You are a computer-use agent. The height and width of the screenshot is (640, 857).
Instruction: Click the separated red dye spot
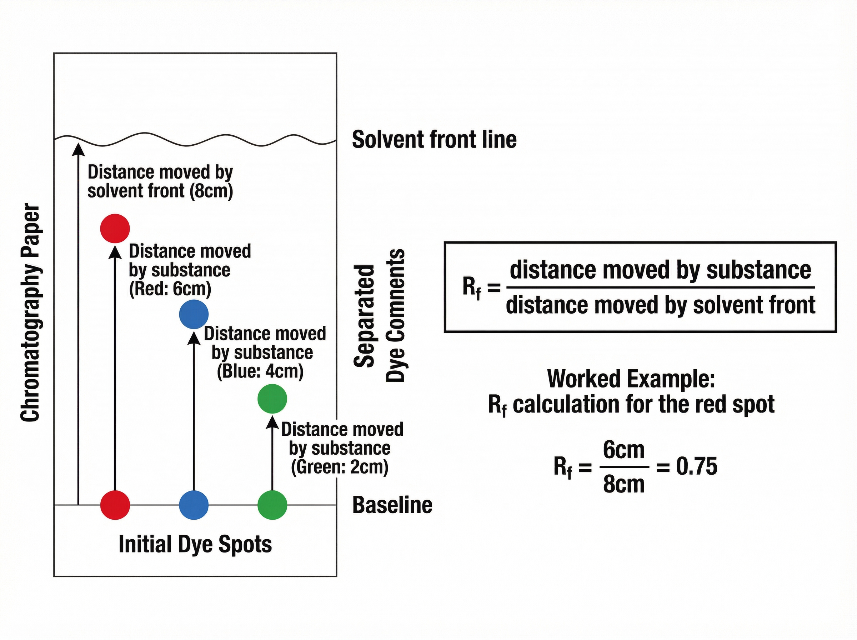click(115, 228)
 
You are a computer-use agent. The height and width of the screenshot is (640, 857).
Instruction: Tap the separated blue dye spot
click(194, 314)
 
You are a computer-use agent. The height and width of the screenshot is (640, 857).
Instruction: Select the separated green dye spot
click(272, 399)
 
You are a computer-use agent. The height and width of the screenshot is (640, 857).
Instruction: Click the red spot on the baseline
click(115, 505)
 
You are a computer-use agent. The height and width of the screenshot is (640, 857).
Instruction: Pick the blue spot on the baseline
click(194, 505)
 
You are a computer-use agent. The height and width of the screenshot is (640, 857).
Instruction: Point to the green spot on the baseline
click(272, 505)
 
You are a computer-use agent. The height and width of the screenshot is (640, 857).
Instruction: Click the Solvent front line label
click(434, 140)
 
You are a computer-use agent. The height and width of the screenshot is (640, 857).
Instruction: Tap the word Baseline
click(392, 505)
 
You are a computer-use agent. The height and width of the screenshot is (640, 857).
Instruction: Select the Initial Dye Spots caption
click(195, 544)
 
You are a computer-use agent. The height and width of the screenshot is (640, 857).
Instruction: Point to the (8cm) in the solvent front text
click(211, 191)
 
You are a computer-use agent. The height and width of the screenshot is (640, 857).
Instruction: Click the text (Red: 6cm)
click(170, 289)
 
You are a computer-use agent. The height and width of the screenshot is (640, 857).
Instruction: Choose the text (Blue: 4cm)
click(260, 371)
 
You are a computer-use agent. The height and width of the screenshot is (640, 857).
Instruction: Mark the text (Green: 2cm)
click(340, 467)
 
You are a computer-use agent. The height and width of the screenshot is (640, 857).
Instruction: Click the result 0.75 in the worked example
click(696, 466)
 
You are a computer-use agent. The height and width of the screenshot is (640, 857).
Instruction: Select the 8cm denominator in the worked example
click(623, 484)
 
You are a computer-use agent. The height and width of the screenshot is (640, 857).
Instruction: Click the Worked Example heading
click(631, 379)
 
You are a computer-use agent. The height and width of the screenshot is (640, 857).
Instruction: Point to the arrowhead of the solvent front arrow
click(79, 149)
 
